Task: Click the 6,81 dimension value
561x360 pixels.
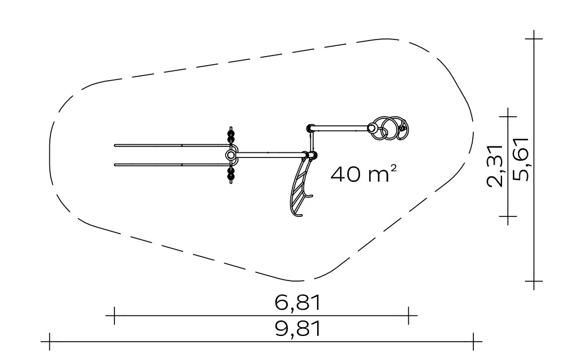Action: click(297, 302)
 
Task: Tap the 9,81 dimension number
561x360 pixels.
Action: click(297, 329)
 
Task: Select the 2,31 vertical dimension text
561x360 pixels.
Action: click(496, 165)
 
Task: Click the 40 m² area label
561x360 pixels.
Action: click(364, 174)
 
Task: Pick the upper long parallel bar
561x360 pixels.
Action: click(172, 145)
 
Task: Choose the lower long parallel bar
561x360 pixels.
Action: click(172, 165)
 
